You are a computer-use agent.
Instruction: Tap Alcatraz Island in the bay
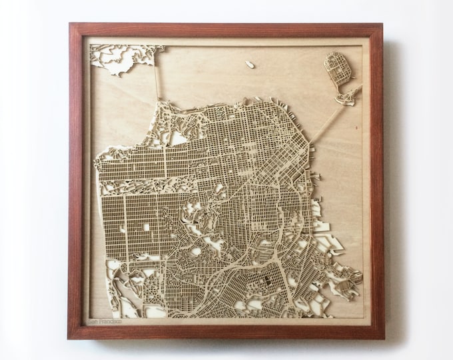(249, 65)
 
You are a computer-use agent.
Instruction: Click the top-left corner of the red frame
(69, 25)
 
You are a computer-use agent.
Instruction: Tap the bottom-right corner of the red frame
(384, 339)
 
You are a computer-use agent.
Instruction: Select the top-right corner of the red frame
(384, 25)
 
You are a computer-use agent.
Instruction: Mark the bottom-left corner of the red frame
(69, 339)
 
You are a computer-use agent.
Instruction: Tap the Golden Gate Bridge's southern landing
(160, 100)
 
